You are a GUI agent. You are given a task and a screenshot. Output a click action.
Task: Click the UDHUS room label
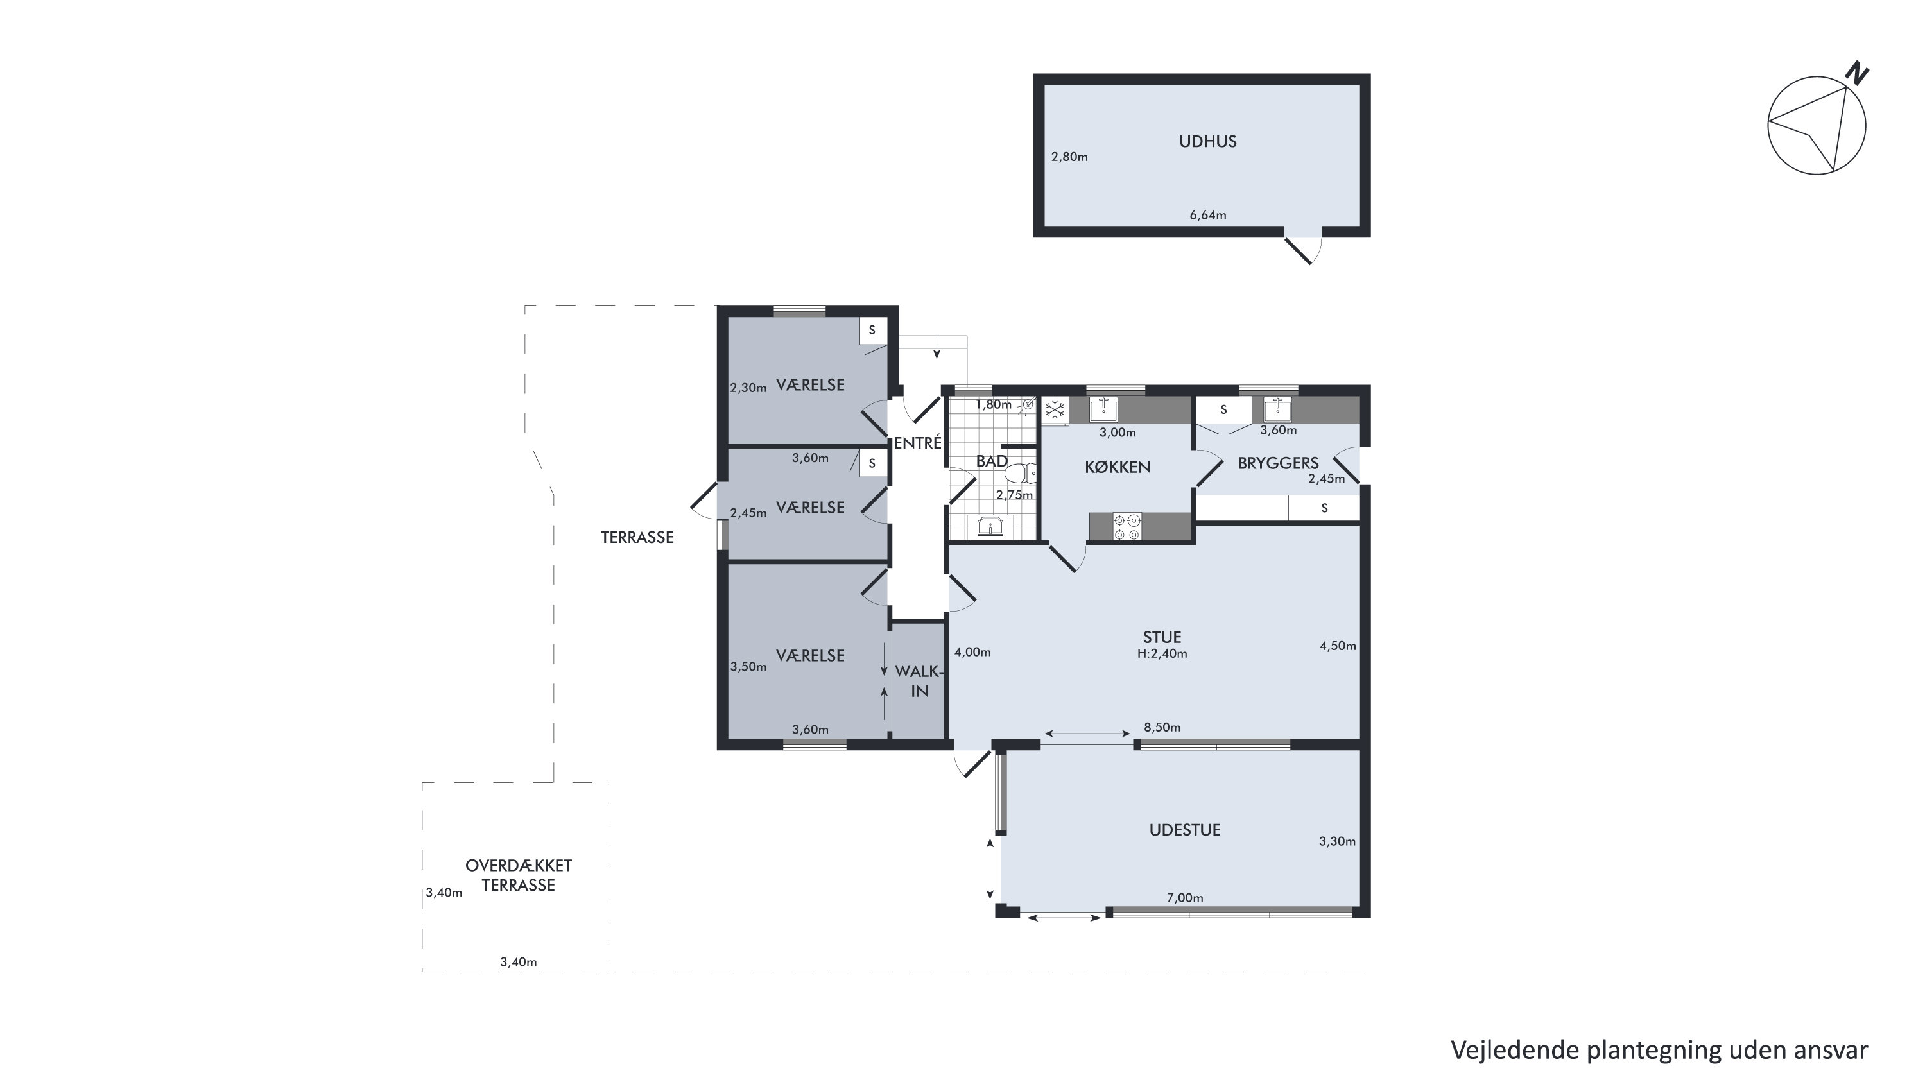1207,141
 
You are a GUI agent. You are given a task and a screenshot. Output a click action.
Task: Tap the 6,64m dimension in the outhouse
1207,215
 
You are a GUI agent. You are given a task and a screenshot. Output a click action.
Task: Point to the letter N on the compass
1857,73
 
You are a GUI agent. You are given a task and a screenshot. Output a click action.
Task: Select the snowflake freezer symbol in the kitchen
1055,409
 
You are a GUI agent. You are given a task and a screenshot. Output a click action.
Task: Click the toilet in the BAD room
1020,473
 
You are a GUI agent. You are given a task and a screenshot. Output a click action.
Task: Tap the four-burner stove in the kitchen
1127,526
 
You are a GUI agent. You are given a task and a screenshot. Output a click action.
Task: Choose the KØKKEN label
1117,467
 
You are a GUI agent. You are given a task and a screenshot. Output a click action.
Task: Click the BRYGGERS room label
1278,463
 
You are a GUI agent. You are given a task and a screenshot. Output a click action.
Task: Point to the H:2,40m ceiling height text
1162,653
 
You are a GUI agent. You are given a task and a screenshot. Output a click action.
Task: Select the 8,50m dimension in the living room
1162,727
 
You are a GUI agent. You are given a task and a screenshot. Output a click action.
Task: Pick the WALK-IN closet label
919,681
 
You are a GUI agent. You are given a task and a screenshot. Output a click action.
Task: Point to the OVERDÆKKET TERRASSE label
518,875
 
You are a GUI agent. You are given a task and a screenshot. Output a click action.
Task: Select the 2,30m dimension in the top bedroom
748,388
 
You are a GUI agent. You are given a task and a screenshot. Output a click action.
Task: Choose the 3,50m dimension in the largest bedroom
748,667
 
